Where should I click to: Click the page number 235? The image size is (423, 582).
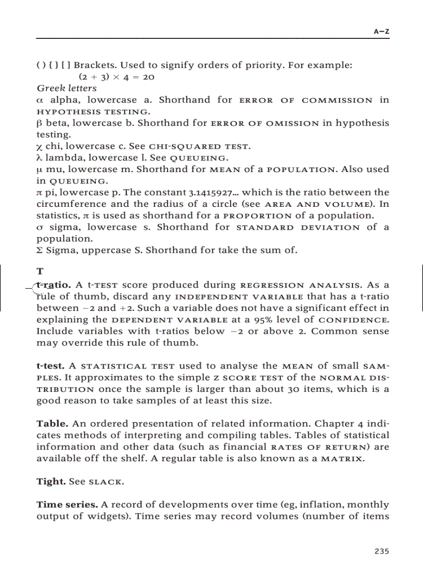[382, 551]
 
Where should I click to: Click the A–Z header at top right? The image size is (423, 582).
[382, 32]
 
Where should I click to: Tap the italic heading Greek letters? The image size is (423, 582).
[66, 88]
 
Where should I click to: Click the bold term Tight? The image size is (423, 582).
[51, 481]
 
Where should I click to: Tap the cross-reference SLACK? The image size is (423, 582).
[106, 482]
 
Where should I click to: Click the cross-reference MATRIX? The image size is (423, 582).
[342, 459]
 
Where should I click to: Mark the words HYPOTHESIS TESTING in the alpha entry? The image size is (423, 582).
[92, 112]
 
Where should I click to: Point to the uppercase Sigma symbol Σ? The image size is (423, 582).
[40, 250]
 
